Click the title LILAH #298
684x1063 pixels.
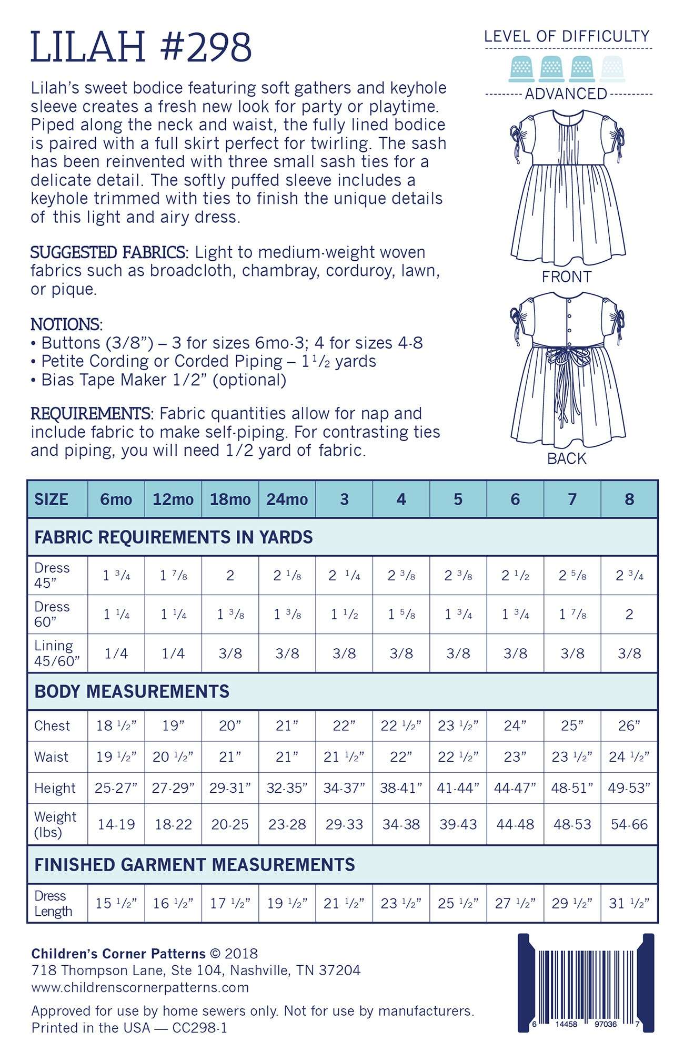coord(141,47)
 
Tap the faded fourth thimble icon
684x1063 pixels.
coord(613,69)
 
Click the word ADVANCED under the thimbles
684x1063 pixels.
coord(566,94)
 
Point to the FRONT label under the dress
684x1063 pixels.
coord(567,277)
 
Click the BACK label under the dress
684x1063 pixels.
coord(567,458)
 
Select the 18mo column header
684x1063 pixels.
coord(230,499)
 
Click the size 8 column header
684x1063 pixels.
coord(629,499)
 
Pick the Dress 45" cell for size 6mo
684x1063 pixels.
coord(116,576)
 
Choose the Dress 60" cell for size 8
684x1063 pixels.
coord(629,614)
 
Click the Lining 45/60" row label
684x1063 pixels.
coord(57,653)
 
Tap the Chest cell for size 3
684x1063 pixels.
coord(344,725)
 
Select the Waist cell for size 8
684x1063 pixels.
coord(629,757)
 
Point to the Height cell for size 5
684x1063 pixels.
coord(458,788)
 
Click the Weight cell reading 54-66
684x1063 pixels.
coord(629,824)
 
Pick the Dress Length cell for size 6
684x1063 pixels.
coord(515,903)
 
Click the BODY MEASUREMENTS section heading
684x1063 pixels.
coord(132,691)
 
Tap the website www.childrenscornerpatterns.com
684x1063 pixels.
coord(140,987)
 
